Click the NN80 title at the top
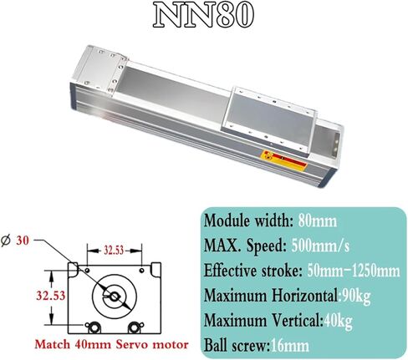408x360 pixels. tap(203, 15)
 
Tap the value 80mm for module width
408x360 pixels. tap(318, 221)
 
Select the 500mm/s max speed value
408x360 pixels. tap(320, 246)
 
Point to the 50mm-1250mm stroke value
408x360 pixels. tap(354, 271)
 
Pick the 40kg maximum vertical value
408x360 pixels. tap(338, 321)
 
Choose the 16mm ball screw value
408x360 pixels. tap(290, 346)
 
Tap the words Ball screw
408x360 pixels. tap(236, 346)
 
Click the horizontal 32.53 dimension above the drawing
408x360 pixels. tap(114, 250)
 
